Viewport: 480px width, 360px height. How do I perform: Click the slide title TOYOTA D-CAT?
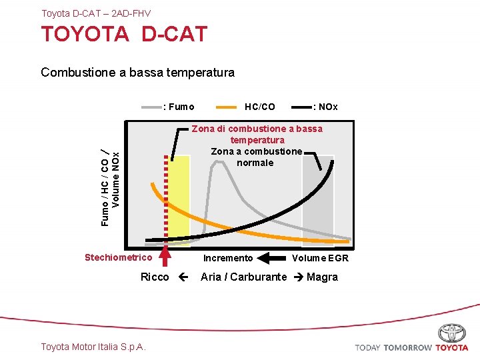[124, 35]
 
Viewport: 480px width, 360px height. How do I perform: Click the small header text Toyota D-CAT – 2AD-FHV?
[96, 13]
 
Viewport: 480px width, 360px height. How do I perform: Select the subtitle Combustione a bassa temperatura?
[137, 72]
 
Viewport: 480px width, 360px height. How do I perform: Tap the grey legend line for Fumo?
[152, 107]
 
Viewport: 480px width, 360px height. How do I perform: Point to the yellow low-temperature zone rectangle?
[179, 200]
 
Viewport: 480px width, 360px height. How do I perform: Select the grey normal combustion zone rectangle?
[317, 200]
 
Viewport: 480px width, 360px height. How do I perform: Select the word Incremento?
[228, 258]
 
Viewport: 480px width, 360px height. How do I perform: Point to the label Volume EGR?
[320, 258]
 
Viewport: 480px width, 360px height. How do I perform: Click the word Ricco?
[155, 277]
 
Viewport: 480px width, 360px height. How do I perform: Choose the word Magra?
[322, 277]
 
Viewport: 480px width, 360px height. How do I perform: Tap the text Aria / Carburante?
[244, 277]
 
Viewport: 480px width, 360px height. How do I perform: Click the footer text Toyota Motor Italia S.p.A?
[93, 346]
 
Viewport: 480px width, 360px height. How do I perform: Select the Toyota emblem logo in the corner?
[452, 333]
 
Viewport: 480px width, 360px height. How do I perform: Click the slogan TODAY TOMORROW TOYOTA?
[411, 347]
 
